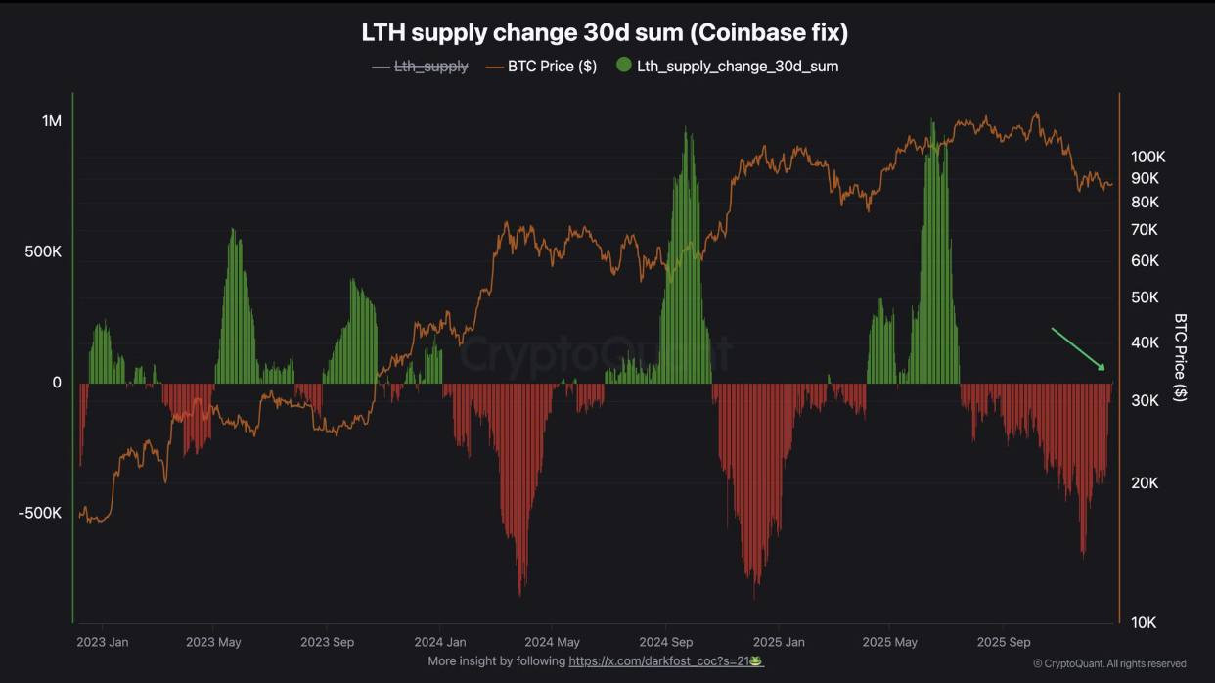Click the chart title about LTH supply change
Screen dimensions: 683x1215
(x=605, y=32)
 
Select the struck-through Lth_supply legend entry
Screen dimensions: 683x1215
(x=430, y=67)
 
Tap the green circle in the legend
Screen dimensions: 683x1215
(x=624, y=66)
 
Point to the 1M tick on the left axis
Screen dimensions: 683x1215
(x=51, y=121)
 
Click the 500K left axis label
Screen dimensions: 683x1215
(x=43, y=251)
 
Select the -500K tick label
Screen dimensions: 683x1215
(x=40, y=513)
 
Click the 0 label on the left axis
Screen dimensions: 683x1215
(x=57, y=383)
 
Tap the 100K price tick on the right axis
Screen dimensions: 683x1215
(x=1147, y=157)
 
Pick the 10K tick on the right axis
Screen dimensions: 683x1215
(x=1144, y=622)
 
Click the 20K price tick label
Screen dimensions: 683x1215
(x=1145, y=482)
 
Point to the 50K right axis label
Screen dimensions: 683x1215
(x=1145, y=296)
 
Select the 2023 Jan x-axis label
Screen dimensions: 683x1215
(x=102, y=643)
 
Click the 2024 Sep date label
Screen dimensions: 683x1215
(x=665, y=643)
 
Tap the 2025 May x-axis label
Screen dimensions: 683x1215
(x=890, y=643)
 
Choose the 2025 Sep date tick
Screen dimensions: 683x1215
(x=1005, y=643)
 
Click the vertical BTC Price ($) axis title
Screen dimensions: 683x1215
(x=1181, y=357)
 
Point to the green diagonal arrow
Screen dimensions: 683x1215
(x=1078, y=349)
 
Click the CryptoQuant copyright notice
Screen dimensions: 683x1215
(x=1109, y=663)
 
